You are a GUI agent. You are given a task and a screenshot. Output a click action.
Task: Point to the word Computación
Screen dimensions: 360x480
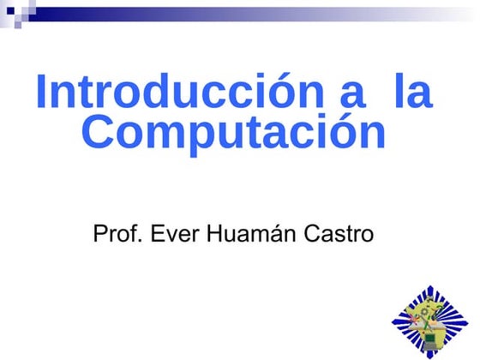pos(234,135)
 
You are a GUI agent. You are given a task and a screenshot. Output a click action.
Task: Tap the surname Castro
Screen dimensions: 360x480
pos(340,233)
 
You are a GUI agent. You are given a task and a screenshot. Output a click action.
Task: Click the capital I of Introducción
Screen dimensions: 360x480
pos(41,93)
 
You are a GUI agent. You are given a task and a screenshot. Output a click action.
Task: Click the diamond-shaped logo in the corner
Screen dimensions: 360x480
pos(430,321)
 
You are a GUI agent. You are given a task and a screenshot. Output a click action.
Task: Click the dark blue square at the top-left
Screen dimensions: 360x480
pos(10,10)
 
